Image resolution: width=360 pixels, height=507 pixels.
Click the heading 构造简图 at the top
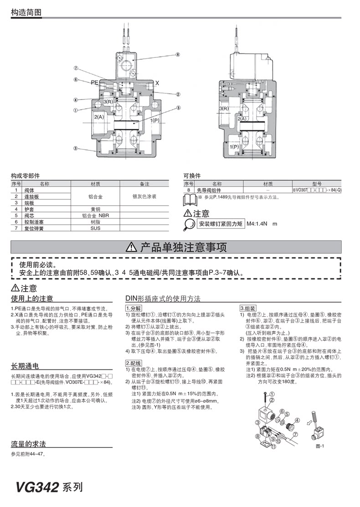coord(26,12)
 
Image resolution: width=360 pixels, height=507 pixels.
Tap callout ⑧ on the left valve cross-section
coord(178,54)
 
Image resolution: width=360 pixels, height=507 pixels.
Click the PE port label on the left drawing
coord(94,82)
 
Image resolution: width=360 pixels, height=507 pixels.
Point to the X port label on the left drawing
coord(157,83)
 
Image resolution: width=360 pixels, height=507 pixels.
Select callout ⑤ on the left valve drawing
coord(179,108)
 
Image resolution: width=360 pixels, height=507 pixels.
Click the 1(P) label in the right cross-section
coord(234,147)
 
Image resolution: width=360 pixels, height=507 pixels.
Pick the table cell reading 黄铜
coord(95,210)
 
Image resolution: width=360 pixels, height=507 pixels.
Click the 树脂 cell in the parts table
coord(95,222)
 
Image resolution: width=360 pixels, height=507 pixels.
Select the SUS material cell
coord(95,228)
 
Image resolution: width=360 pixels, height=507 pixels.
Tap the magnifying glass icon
coord(189,224)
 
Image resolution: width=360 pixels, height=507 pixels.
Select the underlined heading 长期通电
coord(25,366)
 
